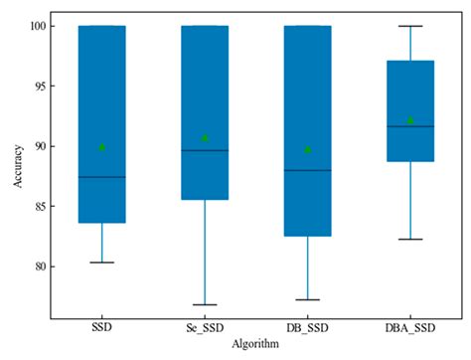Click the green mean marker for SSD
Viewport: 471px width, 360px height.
tap(102, 147)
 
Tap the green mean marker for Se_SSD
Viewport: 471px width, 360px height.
tap(205, 137)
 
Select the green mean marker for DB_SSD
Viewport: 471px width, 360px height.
tap(307, 150)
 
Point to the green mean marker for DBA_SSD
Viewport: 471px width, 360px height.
tap(409, 120)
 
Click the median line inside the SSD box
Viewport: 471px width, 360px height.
tap(102, 177)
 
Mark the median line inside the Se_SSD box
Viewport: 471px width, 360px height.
tap(205, 150)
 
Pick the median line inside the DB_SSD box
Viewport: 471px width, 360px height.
tap(307, 170)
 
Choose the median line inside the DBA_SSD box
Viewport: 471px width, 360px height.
tap(409, 126)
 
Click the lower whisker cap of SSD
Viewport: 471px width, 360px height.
tap(102, 263)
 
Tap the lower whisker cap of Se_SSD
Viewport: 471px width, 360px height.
tap(205, 304)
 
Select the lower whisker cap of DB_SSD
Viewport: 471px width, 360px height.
tap(307, 299)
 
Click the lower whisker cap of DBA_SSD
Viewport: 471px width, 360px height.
tap(409, 240)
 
